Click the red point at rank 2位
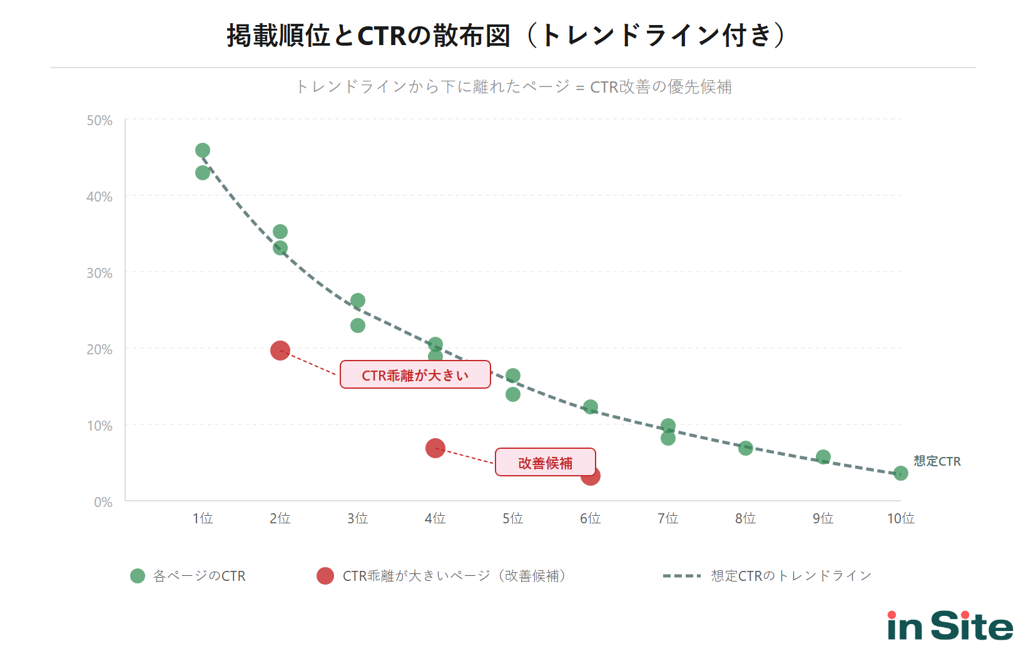point(280,351)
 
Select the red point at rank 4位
point(435,448)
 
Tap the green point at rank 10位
point(900,473)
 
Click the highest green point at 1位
point(202,150)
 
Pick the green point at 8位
point(745,448)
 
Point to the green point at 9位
point(823,457)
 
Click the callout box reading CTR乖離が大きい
point(415,374)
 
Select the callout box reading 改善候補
point(545,462)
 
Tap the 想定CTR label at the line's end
point(937,461)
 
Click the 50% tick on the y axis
point(99,120)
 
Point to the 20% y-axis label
point(99,349)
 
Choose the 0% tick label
point(103,502)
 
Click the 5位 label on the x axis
point(512,518)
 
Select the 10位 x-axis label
point(900,518)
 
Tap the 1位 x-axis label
point(202,518)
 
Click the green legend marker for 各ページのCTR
point(138,576)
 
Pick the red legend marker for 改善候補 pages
point(325,576)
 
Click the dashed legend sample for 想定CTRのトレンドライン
point(681,576)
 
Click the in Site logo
point(950,626)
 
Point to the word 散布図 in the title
point(472,35)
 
